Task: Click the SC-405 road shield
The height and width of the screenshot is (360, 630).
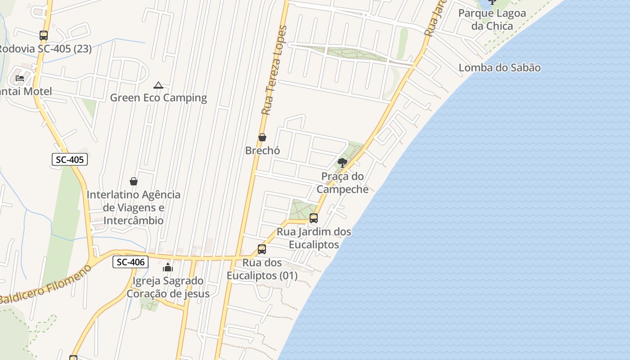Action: pos(70,159)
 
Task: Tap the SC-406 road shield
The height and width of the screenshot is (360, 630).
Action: pos(130,262)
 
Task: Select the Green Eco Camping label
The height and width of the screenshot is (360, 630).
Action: pos(158,98)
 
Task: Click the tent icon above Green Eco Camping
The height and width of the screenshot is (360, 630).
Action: pos(158,85)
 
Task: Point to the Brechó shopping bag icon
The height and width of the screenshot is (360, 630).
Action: pos(262,137)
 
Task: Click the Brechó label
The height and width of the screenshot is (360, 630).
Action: pos(262,150)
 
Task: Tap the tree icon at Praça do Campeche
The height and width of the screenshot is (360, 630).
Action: pos(342,162)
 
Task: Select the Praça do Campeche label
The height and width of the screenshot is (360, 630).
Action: pos(342,183)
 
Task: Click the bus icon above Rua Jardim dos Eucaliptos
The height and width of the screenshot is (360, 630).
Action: pos(314,218)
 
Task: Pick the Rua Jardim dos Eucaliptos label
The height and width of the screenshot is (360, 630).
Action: pos(314,238)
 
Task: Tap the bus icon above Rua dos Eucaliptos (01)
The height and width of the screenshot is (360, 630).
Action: pos(262,249)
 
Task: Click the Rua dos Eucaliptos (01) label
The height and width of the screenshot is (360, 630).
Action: pos(262,269)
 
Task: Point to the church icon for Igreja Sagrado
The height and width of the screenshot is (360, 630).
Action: pos(168,267)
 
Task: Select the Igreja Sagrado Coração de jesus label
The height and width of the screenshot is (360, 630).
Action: pos(168,287)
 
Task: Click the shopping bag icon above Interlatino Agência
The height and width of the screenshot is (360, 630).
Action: pos(133,181)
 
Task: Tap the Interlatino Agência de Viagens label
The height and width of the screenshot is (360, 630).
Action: pos(133,207)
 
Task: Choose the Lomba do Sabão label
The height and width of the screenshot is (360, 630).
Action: pos(499,68)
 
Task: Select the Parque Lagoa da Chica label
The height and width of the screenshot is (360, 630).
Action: pos(492,19)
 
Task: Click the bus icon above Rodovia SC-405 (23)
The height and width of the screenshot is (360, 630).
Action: pos(44,35)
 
